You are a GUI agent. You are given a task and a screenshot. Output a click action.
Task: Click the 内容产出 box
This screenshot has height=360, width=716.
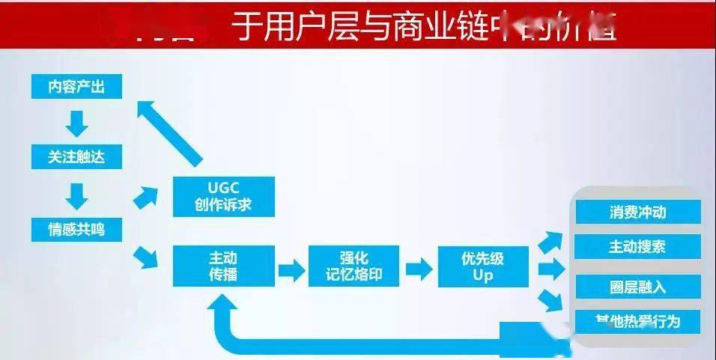(x=76, y=87)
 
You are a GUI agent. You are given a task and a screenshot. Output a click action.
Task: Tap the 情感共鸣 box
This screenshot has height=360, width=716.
(x=76, y=229)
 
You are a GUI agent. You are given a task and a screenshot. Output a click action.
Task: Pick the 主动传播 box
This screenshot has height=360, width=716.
(x=223, y=266)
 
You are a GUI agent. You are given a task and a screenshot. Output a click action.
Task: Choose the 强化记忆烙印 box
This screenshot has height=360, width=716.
(x=354, y=266)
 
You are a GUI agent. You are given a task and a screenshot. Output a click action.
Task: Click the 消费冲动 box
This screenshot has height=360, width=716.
(x=637, y=212)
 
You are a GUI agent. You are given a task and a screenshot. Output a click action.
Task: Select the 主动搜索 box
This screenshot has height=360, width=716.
(x=637, y=246)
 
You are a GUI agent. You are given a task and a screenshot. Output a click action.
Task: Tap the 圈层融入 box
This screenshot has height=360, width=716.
(x=637, y=287)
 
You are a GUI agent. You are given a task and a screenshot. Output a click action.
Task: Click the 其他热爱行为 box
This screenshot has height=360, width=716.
(x=637, y=322)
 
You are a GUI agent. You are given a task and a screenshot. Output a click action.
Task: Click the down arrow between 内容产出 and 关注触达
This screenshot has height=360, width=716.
(x=76, y=122)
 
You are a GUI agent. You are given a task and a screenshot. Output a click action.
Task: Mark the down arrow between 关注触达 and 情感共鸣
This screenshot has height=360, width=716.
(x=76, y=195)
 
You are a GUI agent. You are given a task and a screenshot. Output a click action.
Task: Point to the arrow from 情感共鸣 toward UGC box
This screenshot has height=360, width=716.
(x=147, y=198)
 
